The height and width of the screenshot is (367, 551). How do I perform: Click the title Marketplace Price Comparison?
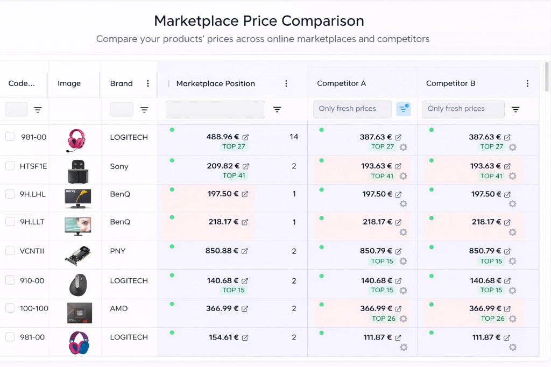(x=259, y=21)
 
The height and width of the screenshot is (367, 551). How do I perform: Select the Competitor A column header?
(x=341, y=83)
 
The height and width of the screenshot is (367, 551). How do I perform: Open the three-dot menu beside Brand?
(x=148, y=83)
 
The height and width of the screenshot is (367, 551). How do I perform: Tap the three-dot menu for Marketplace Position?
(x=286, y=83)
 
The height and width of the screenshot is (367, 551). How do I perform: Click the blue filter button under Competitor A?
(x=404, y=109)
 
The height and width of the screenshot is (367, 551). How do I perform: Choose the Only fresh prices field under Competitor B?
(x=463, y=109)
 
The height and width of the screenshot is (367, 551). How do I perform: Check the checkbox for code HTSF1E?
(x=10, y=166)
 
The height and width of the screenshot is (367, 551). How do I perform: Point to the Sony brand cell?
(x=119, y=166)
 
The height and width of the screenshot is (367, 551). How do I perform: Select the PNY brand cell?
(x=118, y=251)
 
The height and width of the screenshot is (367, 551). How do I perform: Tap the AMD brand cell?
(x=119, y=309)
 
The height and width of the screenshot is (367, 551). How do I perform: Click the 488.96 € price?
(x=223, y=137)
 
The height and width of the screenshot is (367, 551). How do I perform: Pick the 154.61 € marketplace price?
(x=224, y=337)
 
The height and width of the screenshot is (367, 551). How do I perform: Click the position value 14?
(x=294, y=137)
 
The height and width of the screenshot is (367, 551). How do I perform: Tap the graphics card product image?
(x=77, y=255)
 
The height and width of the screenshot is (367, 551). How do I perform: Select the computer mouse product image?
(x=77, y=284)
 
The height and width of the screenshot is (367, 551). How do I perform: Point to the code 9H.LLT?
(x=32, y=222)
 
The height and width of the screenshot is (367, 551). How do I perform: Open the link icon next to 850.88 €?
(x=245, y=251)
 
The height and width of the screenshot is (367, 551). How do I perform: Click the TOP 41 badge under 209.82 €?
(x=234, y=175)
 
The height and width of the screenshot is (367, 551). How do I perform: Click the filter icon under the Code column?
(x=38, y=110)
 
